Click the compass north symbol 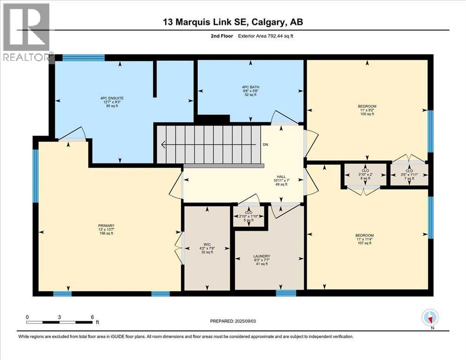pyautogui.click(x=429, y=318)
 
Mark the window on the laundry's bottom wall pyautogui.click(x=286, y=293)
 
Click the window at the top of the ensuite pyautogui.click(x=83, y=58)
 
